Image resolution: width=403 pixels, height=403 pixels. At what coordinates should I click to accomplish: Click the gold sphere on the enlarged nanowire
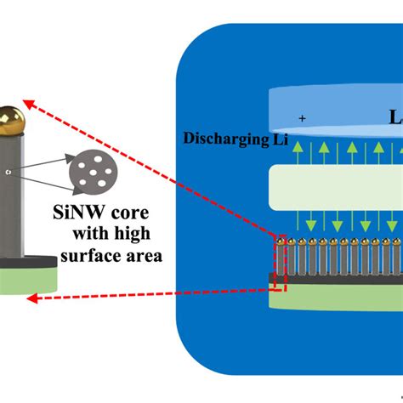(9, 118)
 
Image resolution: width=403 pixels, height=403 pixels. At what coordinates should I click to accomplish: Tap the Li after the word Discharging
(278, 137)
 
